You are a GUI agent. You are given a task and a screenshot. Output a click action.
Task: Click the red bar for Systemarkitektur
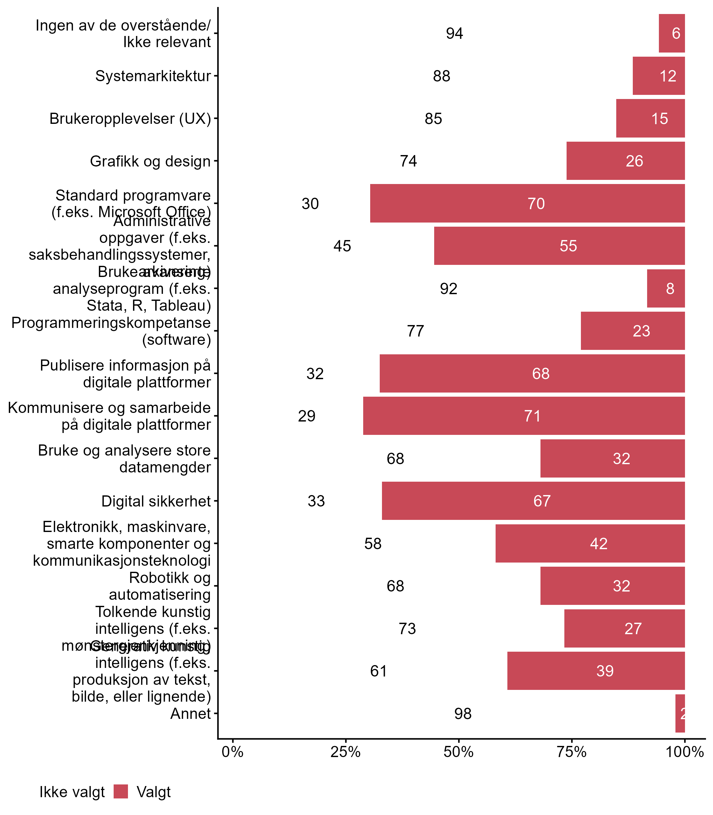[x=659, y=76]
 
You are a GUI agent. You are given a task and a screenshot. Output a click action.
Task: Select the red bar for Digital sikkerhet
[x=533, y=500]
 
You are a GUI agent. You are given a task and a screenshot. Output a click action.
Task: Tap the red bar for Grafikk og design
[x=625, y=161]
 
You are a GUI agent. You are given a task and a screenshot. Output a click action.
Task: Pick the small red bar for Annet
[x=680, y=713]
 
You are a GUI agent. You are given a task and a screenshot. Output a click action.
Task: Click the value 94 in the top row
[x=455, y=33]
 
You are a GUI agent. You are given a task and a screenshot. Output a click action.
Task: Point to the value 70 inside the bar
[x=536, y=204]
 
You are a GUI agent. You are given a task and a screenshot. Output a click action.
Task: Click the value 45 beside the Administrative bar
[x=342, y=246]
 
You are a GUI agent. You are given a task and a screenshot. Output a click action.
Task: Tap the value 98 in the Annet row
[x=463, y=714]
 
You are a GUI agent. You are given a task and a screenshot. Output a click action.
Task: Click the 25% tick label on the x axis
[x=345, y=752]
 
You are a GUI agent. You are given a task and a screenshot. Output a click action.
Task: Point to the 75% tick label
[x=571, y=752]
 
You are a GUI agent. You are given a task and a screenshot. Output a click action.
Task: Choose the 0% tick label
[x=232, y=752]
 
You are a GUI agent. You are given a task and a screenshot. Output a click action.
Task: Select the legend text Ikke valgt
[x=72, y=792]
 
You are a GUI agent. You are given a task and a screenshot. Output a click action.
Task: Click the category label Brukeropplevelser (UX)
[x=130, y=118]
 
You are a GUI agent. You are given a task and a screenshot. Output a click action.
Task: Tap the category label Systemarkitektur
[x=153, y=76]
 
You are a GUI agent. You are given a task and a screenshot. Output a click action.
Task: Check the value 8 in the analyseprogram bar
[x=670, y=288]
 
